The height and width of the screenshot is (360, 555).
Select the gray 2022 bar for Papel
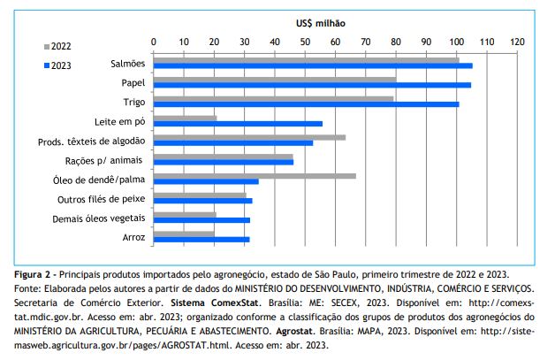(x=275, y=79)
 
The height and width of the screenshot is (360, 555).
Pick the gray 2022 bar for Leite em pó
(x=185, y=118)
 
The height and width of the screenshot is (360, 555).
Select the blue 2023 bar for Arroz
(x=201, y=239)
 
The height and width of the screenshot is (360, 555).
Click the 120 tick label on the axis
(x=517, y=41)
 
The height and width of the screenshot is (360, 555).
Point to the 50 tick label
(x=305, y=41)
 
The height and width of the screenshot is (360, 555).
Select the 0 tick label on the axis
(x=154, y=41)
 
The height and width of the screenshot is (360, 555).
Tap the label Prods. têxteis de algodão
(x=92, y=142)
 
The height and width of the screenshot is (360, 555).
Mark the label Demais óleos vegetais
(x=99, y=218)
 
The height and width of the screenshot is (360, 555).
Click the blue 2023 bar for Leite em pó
(x=238, y=124)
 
